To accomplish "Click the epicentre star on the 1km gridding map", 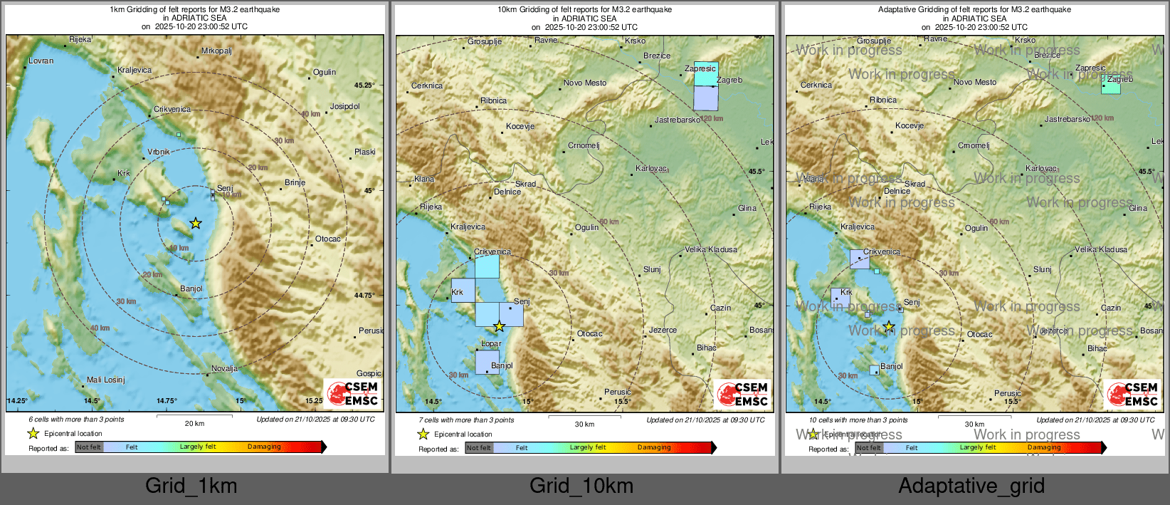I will tap(196, 224).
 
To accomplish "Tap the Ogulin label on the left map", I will tap(324, 72).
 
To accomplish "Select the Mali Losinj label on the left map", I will tap(105, 380).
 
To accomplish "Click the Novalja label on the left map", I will tap(224, 368).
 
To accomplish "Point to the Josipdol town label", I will tap(344, 106).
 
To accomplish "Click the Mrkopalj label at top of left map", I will tap(216, 51).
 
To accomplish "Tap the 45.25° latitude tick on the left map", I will tap(364, 85).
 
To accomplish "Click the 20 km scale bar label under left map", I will tap(194, 423).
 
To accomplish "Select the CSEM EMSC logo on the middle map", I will tap(742, 394).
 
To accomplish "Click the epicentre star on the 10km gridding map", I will tap(500, 326).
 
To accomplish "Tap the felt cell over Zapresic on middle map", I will tap(706, 74).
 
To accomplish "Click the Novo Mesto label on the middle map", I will tap(585, 83).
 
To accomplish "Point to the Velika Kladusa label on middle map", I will tap(710, 249).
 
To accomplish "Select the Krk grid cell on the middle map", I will tap(463, 291).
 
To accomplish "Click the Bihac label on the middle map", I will tap(706, 348).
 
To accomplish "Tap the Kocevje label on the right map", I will tap(909, 125).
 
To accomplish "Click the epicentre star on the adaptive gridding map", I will tap(889, 326).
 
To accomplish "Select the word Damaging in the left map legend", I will tap(264, 447).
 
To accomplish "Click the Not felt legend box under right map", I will tap(868, 448).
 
